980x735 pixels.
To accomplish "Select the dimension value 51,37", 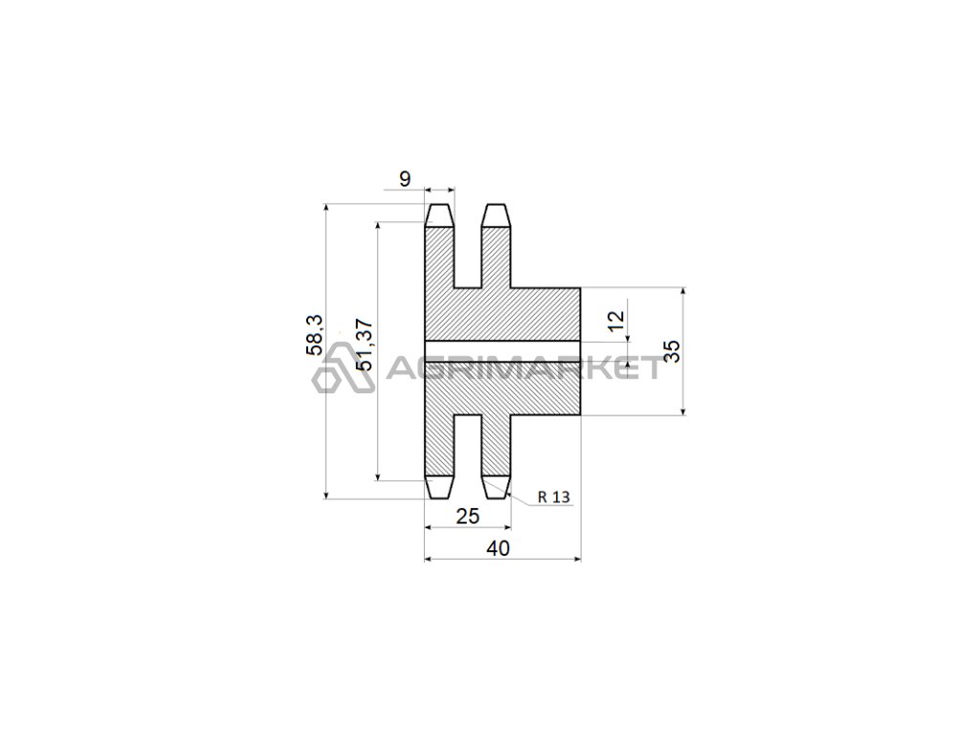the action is coord(364,345).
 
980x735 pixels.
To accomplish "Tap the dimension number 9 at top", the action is coord(405,179).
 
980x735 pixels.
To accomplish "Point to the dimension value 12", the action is coord(616,320).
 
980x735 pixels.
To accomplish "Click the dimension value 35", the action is coord(671,351).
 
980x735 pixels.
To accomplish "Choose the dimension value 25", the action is coord(467,516).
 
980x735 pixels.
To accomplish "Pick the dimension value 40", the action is coord(498,548).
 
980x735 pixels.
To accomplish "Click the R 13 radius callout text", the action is coord(554,497).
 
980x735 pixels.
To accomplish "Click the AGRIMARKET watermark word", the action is coord(523,367).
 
